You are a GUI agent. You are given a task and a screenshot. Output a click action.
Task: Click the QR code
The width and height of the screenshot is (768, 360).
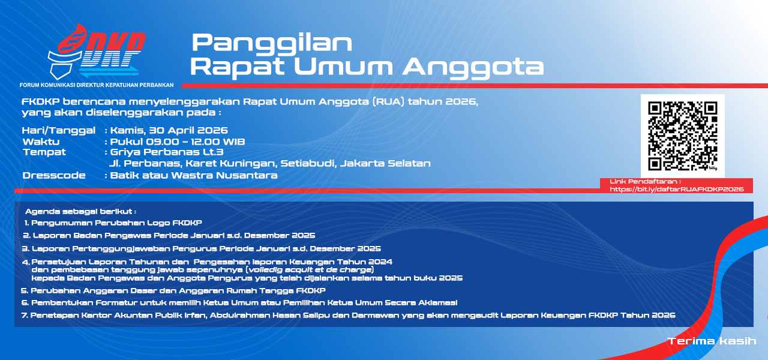(683, 136)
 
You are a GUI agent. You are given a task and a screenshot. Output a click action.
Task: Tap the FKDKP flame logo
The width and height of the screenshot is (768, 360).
(97, 52)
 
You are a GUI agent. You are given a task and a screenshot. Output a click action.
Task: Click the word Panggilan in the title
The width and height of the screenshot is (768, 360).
(272, 43)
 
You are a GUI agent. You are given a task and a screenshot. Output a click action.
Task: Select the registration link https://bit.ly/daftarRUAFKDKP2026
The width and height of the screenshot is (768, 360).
(676, 189)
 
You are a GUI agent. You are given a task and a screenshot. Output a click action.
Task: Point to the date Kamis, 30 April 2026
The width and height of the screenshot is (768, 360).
(169, 130)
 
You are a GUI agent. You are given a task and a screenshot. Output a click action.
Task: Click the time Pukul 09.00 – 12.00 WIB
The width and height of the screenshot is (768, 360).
(178, 142)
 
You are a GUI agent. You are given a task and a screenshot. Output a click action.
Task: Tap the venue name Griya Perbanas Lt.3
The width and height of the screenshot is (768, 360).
(167, 152)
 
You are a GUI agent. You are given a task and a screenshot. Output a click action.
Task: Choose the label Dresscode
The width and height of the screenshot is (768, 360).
(54, 175)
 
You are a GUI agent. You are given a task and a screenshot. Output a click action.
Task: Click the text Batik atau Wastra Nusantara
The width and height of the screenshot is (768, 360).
(194, 175)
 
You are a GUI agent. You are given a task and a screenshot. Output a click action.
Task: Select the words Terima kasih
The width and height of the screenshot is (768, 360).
(712, 341)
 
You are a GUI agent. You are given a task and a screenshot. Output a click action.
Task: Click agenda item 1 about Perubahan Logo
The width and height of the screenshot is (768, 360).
(113, 223)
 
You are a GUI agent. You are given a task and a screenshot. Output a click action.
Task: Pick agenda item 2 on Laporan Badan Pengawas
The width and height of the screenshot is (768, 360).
(169, 236)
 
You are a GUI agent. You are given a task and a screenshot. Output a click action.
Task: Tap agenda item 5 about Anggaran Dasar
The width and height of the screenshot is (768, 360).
(173, 291)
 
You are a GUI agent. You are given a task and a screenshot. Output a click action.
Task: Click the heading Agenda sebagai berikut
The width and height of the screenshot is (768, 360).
(80, 212)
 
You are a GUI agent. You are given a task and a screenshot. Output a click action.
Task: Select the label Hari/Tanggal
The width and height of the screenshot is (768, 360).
(59, 131)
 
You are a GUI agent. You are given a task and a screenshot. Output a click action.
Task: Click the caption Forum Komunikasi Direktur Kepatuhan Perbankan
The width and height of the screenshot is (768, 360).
(97, 85)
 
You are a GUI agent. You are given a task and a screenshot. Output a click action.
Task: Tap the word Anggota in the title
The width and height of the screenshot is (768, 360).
(473, 67)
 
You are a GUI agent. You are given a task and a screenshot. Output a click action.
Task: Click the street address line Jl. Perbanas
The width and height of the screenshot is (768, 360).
(270, 164)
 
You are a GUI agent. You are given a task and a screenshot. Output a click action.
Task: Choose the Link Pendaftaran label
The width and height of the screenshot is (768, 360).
(645, 181)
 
